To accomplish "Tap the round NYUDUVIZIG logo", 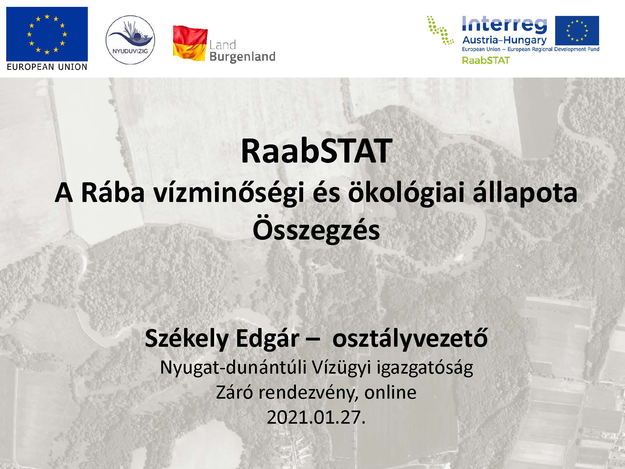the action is (130, 40).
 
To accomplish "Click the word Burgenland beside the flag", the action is (242, 57).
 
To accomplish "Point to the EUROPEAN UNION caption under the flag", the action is (47, 67).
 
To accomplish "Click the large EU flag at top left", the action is (47, 34).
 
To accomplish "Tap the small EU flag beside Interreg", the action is (577, 30).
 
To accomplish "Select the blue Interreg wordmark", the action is (504, 25).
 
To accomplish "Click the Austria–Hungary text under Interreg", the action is (504, 40).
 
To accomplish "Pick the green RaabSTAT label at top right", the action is (486, 60).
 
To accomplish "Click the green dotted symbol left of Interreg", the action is (441, 30).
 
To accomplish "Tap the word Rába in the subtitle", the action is (113, 193).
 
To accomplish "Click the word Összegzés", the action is (316, 230).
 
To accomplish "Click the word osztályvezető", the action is (410, 339).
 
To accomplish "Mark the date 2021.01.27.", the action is (316, 417).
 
